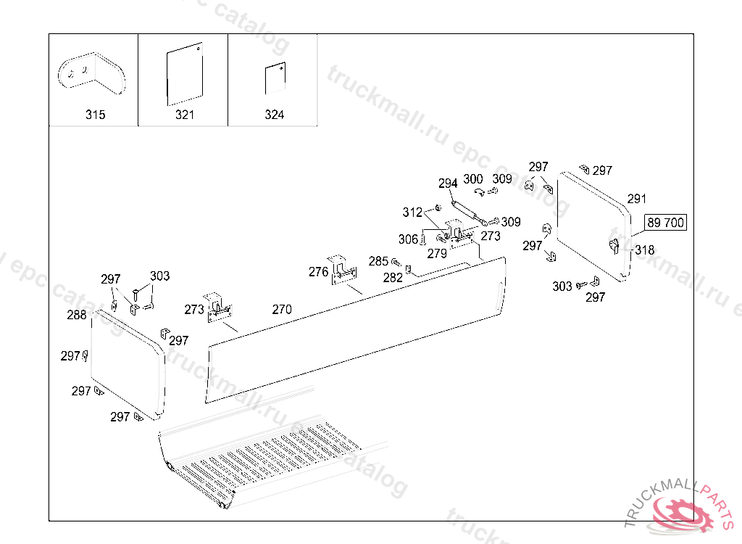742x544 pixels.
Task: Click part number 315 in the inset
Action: [95, 115]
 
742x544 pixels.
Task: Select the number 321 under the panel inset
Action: [185, 115]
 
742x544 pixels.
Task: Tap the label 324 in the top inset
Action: [275, 115]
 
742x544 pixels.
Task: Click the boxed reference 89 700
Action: [665, 222]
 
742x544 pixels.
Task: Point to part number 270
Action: [282, 310]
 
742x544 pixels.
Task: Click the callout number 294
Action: [448, 184]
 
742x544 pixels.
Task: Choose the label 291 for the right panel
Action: [636, 199]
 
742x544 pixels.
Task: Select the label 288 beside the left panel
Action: [77, 315]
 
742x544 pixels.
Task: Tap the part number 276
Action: [319, 272]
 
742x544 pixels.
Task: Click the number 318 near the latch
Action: [644, 250]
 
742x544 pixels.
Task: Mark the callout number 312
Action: [412, 213]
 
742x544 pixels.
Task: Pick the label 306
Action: [408, 239]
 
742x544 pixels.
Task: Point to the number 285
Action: [378, 261]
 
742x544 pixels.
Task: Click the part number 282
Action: [393, 278]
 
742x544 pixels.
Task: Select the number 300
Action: [472, 179]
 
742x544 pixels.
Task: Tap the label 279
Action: [437, 254]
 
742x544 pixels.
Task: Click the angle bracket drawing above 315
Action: [92, 73]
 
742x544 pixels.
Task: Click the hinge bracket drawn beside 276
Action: [343, 270]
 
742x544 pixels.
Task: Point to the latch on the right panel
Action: [614, 246]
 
